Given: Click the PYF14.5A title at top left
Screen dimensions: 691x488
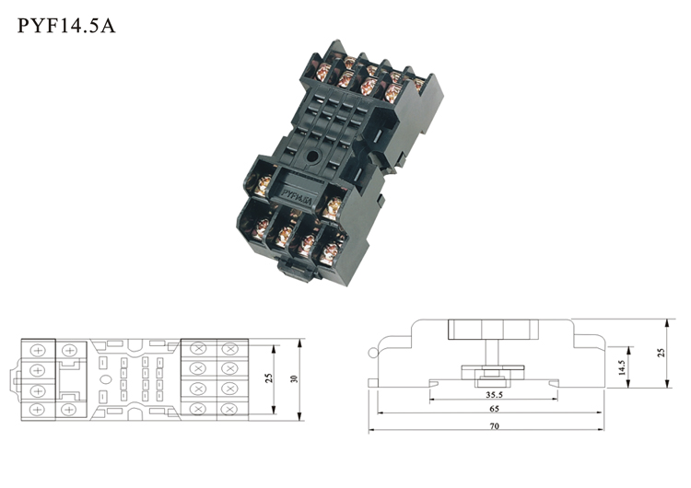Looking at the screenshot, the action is click(x=66, y=26).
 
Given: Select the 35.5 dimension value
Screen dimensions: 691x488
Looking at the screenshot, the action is click(x=494, y=395).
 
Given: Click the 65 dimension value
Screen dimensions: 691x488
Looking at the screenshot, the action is click(x=494, y=409).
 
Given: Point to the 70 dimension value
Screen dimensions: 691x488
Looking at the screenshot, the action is click(x=494, y=426).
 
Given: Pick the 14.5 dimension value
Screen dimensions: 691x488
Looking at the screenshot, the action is click(x=622, y=367).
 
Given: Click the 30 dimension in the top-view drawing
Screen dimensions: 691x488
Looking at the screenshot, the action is click(x=295, y=378).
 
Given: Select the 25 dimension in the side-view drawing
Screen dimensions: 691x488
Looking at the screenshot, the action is click(x=661, y=353).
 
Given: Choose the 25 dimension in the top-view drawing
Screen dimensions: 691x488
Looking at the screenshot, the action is click(x=269, y=378).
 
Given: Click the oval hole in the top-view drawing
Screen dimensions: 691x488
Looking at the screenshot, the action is click(x=106, y=379).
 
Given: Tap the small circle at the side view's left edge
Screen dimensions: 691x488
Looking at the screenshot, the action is click(x=373, y=353).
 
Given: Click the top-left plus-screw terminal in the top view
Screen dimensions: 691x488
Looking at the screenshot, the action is click(x=38, y=351).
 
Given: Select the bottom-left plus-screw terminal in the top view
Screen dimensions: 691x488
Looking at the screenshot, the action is click(x=38, y=410).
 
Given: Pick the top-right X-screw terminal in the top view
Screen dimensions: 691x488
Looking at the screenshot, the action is click(x=229, y=349).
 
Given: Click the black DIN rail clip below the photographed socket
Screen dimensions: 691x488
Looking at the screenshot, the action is click(x=298, y=270).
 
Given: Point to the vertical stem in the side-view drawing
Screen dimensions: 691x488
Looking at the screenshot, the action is click(x=493, y=353).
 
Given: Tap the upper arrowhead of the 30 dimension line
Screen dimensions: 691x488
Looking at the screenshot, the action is click(x=300, y=343).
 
